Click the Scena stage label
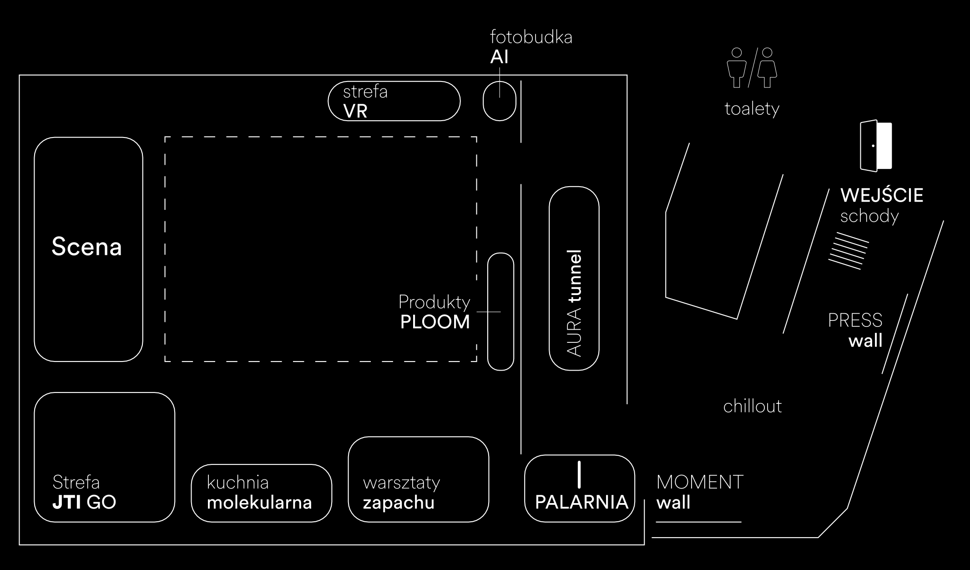pos(86,247)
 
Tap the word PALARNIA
pos(581,502)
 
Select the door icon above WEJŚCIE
pos(876,146)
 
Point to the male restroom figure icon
pos(737,68)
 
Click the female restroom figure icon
pos(767,68)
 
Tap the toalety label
pos(752,109)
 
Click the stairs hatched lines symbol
pos(849,250)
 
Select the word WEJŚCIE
pos(882,195)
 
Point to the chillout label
pos(753,406)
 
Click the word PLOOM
pos(435,322)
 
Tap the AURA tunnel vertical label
pos(575,303)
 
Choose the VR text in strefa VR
pos(355,111)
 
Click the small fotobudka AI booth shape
pos(499,101)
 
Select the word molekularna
pos(259,503)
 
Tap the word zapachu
pos(399,503)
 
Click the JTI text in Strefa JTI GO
pos(67,503)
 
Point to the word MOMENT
pos(700,482)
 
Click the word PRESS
pos(855,321)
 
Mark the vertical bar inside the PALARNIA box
pos(579,474)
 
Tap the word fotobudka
pos(531,37)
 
